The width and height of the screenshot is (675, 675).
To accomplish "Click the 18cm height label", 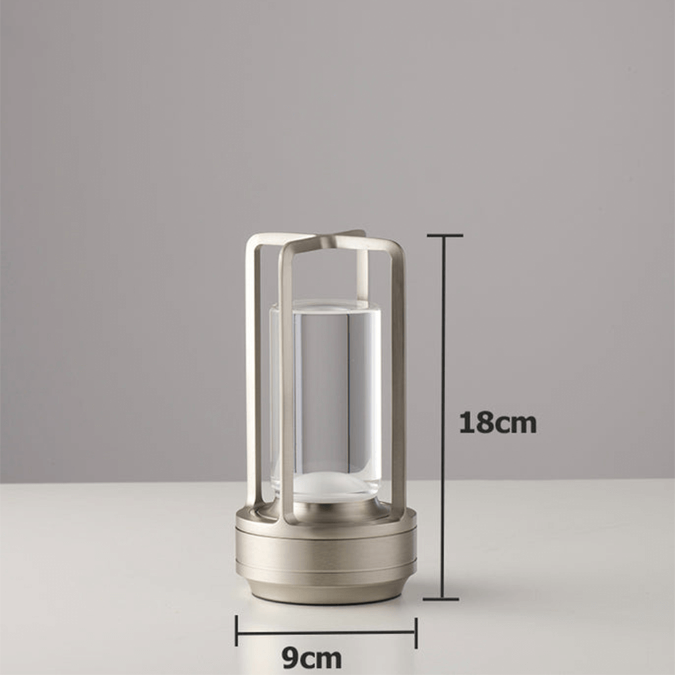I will coord(497,423).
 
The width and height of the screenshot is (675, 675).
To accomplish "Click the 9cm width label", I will coord(311,657).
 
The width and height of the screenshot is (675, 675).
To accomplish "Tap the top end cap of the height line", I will coord(444,236).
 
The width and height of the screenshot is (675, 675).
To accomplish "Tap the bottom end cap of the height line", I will coord(441,598).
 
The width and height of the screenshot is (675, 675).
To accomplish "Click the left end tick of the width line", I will coord(236,631).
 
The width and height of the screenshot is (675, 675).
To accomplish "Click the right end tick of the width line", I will coord(416,632).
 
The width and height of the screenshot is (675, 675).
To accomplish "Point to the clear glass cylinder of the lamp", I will coord(325,391).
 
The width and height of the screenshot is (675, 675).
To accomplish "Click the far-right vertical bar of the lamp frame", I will coord(399,378).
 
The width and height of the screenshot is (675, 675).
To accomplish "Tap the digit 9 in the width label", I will coord(290,657).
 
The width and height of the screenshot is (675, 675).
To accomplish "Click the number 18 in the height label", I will coord(477,423).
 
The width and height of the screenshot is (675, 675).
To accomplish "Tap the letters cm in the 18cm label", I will coord(516,424).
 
